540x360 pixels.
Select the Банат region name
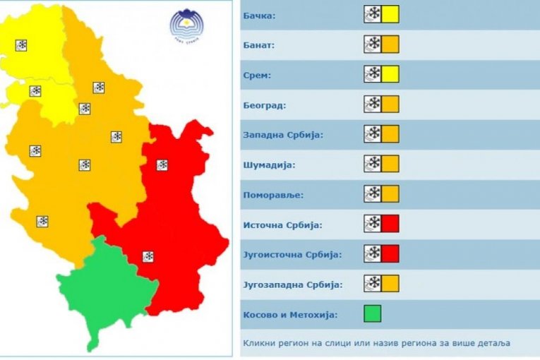pos(260,44)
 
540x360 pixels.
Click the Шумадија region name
pos(268,164)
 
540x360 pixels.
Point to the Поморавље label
pos(271,195)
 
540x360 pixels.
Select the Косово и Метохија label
pos(290,315)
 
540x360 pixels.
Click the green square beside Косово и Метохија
pos(373,313)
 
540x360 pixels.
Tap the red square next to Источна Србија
pos(390,224)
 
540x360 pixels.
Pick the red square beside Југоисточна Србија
pos(390,253)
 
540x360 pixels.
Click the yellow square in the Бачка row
pos(390,14)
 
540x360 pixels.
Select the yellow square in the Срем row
pos(390,74)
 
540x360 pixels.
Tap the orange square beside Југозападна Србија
pos(390,284)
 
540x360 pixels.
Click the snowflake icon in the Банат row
pos(373,44)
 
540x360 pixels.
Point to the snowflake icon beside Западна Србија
pos(373,134)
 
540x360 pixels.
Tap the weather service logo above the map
pos(188,27)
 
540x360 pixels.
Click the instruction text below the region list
pos(376,343)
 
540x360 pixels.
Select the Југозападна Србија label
pos(292,284)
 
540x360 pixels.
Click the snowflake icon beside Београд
pos(373,104)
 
